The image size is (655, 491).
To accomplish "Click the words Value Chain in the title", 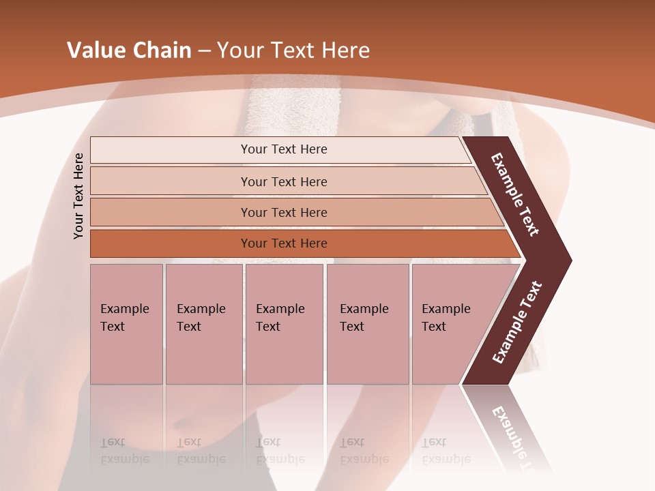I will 129,50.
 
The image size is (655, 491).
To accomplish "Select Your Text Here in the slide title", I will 293,50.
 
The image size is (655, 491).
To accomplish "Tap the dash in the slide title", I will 204,51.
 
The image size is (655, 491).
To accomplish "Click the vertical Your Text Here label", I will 78,196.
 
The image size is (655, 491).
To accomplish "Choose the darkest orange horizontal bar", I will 171,243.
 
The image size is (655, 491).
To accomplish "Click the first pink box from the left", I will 126,324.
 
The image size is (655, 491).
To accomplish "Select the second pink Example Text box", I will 203,324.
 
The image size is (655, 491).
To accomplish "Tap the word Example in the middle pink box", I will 280,309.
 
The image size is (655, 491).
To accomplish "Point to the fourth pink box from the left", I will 367,324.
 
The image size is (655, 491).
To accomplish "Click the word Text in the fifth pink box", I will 434,327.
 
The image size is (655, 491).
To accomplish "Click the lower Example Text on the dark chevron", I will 517,322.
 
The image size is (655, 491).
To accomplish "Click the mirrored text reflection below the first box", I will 125,451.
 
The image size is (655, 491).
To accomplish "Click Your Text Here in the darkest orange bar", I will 284,243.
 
